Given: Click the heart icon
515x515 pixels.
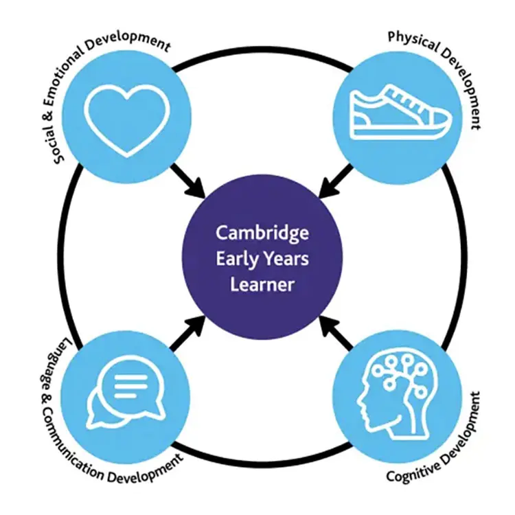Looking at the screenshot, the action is (x=127, y=121).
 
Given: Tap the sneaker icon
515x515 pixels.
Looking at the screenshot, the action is (x=401, y=113).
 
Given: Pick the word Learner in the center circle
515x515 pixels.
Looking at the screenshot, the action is (x=262, y=284).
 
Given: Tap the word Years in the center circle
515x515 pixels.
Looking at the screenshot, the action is (x=286, y=259).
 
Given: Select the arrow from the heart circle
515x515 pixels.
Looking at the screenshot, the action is (x=188, y=181).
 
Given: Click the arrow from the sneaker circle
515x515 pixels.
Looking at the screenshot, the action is (x=336, y=181).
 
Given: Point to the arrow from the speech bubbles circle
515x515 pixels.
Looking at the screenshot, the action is (x=188, y=333).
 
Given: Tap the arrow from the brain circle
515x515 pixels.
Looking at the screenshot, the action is (x=336, y=332).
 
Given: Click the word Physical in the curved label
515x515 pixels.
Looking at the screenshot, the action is (x=413, y=42).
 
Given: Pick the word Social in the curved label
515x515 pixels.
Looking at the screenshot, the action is (x=55, y=146).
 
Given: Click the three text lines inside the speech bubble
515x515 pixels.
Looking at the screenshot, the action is (x=130, y=387).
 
